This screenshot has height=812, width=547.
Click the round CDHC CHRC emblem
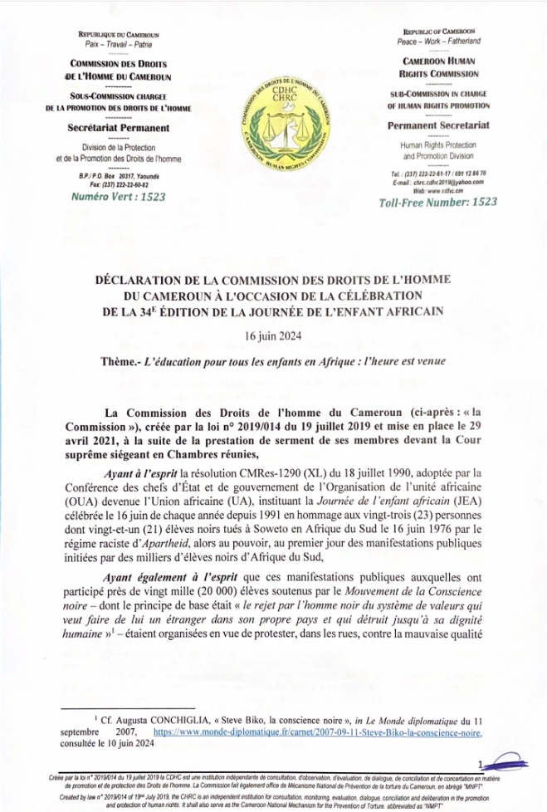pyautogui.click(x=273, y=118)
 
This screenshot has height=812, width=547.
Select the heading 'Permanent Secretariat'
pyautogui.click(x=438, y=125)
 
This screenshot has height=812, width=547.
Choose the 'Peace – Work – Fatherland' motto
pyautogui.click(x=438, y=41)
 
